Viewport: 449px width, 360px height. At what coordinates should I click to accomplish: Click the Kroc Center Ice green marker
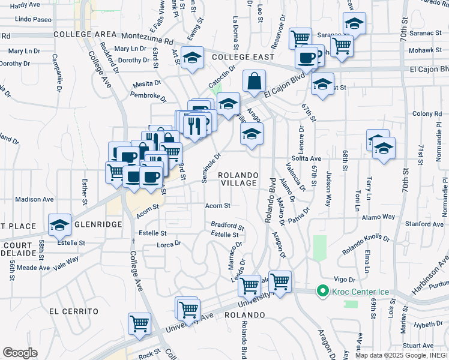coord(322,292)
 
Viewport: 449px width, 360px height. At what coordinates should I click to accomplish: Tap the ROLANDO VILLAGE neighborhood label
coord(238,179)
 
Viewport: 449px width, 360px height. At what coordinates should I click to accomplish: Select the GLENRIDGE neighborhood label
coord(98,224)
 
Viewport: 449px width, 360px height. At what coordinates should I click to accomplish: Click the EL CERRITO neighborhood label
coord(74,311)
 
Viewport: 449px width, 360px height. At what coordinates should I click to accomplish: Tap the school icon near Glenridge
coord(59,225)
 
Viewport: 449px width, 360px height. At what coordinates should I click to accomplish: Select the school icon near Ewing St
coord(192,58)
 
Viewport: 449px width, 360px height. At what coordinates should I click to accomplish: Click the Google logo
coord(19,353)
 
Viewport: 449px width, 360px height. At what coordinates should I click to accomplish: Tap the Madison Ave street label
coord(34,199)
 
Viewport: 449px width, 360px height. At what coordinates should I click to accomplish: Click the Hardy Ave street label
coord(25,5)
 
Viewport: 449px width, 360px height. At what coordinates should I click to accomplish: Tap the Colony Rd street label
coord(427,114)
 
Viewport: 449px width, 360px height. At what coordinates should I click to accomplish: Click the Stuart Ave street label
coord(418,346)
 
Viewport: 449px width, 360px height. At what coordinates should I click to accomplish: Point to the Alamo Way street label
coord(378,217)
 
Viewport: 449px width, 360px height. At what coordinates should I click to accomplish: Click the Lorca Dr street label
coord(169,244)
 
